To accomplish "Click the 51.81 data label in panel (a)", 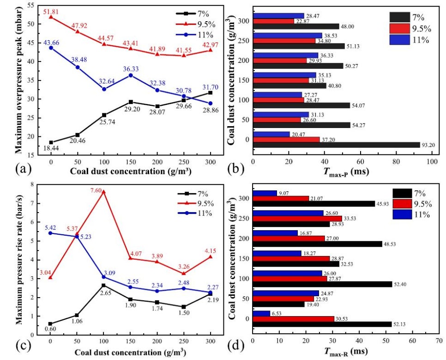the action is tap(51, 12).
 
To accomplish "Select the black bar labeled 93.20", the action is tap(337, 145).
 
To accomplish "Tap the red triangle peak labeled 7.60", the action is tap(103, 192).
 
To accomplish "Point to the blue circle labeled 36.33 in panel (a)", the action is tap(131, 75).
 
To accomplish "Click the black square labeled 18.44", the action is tap(51, 142).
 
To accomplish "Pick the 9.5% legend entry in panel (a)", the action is tap(196, 24).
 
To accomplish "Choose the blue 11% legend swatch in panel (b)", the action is tap(400, 40).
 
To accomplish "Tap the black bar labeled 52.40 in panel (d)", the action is tap(323, 284).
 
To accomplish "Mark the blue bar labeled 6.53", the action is tap(261, 313).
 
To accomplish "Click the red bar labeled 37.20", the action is tap(286, 140).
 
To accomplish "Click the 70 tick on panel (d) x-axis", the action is tap(439, 341).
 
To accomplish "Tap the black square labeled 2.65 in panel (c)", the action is tap(103, 286).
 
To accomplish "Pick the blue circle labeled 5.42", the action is tap(50, 233).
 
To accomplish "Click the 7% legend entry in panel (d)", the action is tap(410, 193).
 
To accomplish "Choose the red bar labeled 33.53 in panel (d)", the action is tap(297, 219).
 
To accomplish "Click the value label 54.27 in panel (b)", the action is tap(358, 125).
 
